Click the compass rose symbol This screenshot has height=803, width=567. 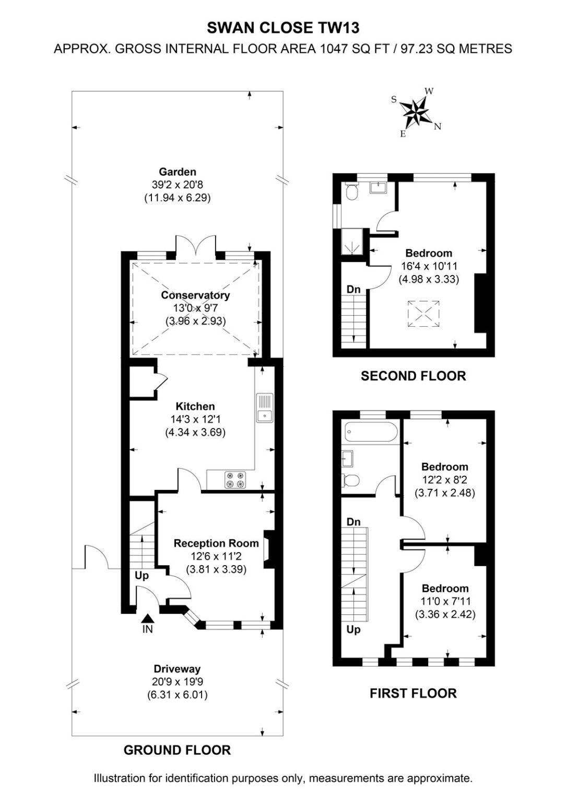415,112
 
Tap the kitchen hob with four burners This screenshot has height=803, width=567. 235,479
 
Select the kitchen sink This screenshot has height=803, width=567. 265,408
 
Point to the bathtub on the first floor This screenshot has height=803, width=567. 371,432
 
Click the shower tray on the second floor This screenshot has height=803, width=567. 352,242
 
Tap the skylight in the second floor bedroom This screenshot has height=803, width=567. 423,314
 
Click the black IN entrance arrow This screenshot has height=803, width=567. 147,617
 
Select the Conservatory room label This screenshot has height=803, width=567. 195,295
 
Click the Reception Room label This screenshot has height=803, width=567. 216,543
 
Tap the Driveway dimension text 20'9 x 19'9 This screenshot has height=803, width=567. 178,682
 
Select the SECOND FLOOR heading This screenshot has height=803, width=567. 414,376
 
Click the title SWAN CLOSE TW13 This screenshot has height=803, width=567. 283,28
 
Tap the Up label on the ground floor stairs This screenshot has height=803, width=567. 141,576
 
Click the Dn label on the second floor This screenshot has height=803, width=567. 353,289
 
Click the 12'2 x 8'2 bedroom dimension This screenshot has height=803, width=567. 445,479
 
